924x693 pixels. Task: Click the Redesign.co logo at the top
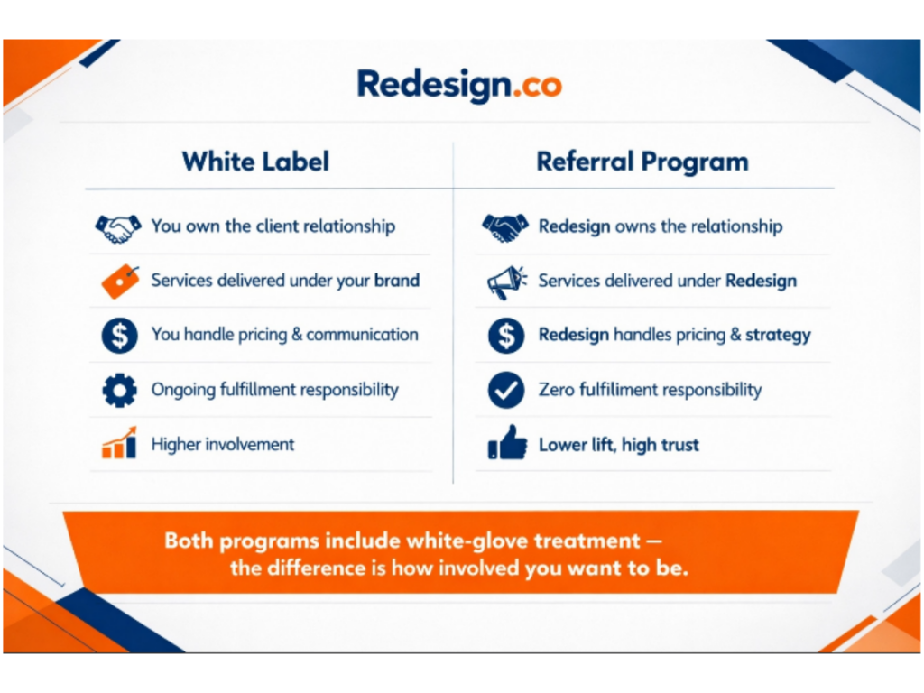tap(459, 85)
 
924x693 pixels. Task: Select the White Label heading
tap(255, 162)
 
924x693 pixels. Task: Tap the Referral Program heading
tap(642, 162)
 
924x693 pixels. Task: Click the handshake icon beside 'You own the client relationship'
tap(117, 226)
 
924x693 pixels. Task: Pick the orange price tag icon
tap(119, 281)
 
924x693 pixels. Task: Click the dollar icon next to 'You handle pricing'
tap(119, 335)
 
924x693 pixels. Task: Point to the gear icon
tap(119, 391)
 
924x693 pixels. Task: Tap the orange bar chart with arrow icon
tap(119, 444)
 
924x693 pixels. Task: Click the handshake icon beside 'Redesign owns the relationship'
tap(505, 226)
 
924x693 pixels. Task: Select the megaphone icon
tap(505, 281)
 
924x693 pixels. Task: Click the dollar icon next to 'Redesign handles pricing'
tap(505, 336)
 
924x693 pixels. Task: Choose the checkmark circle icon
tap(505, 391)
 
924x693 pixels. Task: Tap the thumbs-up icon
tap(506, 444)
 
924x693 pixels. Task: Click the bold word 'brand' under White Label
tap(397, 281)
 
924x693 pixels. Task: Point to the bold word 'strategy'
tap(778, 336)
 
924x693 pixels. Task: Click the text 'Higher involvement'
tap(223, 444)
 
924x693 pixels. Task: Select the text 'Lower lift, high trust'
tap(618, 445)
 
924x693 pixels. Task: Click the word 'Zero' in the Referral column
tap(556, 391)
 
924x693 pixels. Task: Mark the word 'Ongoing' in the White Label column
tap(182, 391)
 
